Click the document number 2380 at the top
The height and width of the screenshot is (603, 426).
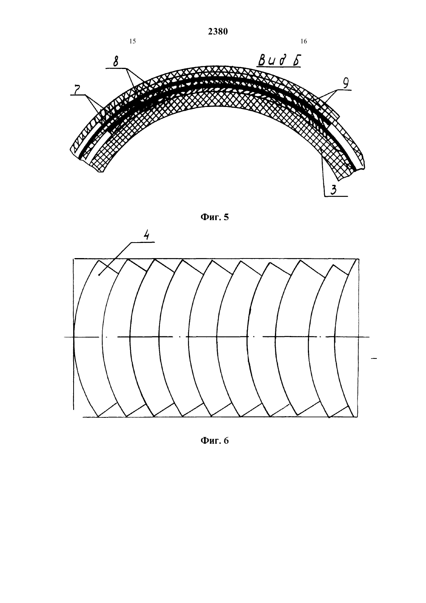(x=218, y=31)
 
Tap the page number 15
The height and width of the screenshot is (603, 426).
(x=132, y=41)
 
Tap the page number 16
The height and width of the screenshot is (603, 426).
(x=304, y=41)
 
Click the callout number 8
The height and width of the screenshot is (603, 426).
(x=115, y=61)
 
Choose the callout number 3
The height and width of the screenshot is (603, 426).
(x=333, y=190)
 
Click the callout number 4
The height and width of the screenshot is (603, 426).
(x=146, y=236)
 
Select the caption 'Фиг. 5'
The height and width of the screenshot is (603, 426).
(x=215, y=217)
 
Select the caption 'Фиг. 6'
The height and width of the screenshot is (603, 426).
(x=215, y=441)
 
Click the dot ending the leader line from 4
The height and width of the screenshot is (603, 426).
(x=100, y=275)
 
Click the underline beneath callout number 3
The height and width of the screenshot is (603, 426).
(x=336, y=196)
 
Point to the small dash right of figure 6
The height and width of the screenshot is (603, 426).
(x=374, y=358)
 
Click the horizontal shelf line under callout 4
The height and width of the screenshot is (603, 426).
(x=143, y=242)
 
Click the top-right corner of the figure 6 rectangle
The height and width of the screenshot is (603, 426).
(x=359, y=259)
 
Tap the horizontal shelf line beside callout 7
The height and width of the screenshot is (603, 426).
(x=78, y=95)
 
